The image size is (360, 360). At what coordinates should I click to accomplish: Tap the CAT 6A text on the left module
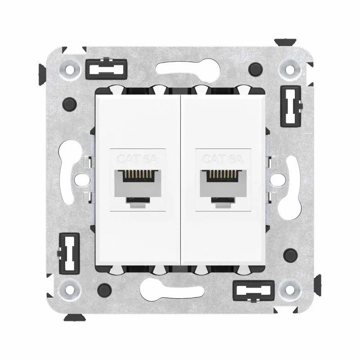pos(138,159)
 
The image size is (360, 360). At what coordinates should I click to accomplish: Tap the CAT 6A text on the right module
pos(223,159)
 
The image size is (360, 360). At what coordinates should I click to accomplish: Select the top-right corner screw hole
pos(290,69)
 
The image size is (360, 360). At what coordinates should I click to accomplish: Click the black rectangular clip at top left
pos(106,69)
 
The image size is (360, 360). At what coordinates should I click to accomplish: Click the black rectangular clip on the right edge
pos(291,106)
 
